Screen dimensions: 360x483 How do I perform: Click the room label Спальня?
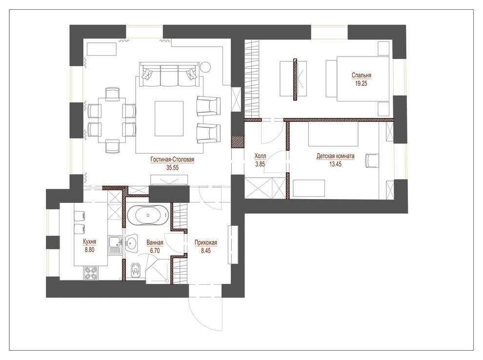tap(362, 76)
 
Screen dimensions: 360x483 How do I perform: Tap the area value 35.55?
tap(172, 167)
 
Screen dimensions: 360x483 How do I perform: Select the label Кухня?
tap(89, 241)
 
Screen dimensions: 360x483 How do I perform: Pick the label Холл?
tap(260, 157)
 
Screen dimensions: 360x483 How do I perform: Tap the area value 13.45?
tap(335, 164)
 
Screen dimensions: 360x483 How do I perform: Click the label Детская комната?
tap(335, 157)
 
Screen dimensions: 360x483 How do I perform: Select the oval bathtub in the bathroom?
tap(148, 215)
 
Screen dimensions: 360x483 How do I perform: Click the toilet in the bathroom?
tap(136, 268)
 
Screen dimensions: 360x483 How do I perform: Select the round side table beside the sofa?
tap(205, 67)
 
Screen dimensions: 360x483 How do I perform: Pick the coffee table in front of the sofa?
tap(169, 118)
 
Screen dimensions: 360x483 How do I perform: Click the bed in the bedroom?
tap(361, 78)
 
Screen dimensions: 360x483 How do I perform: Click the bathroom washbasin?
tap(131, 243)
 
